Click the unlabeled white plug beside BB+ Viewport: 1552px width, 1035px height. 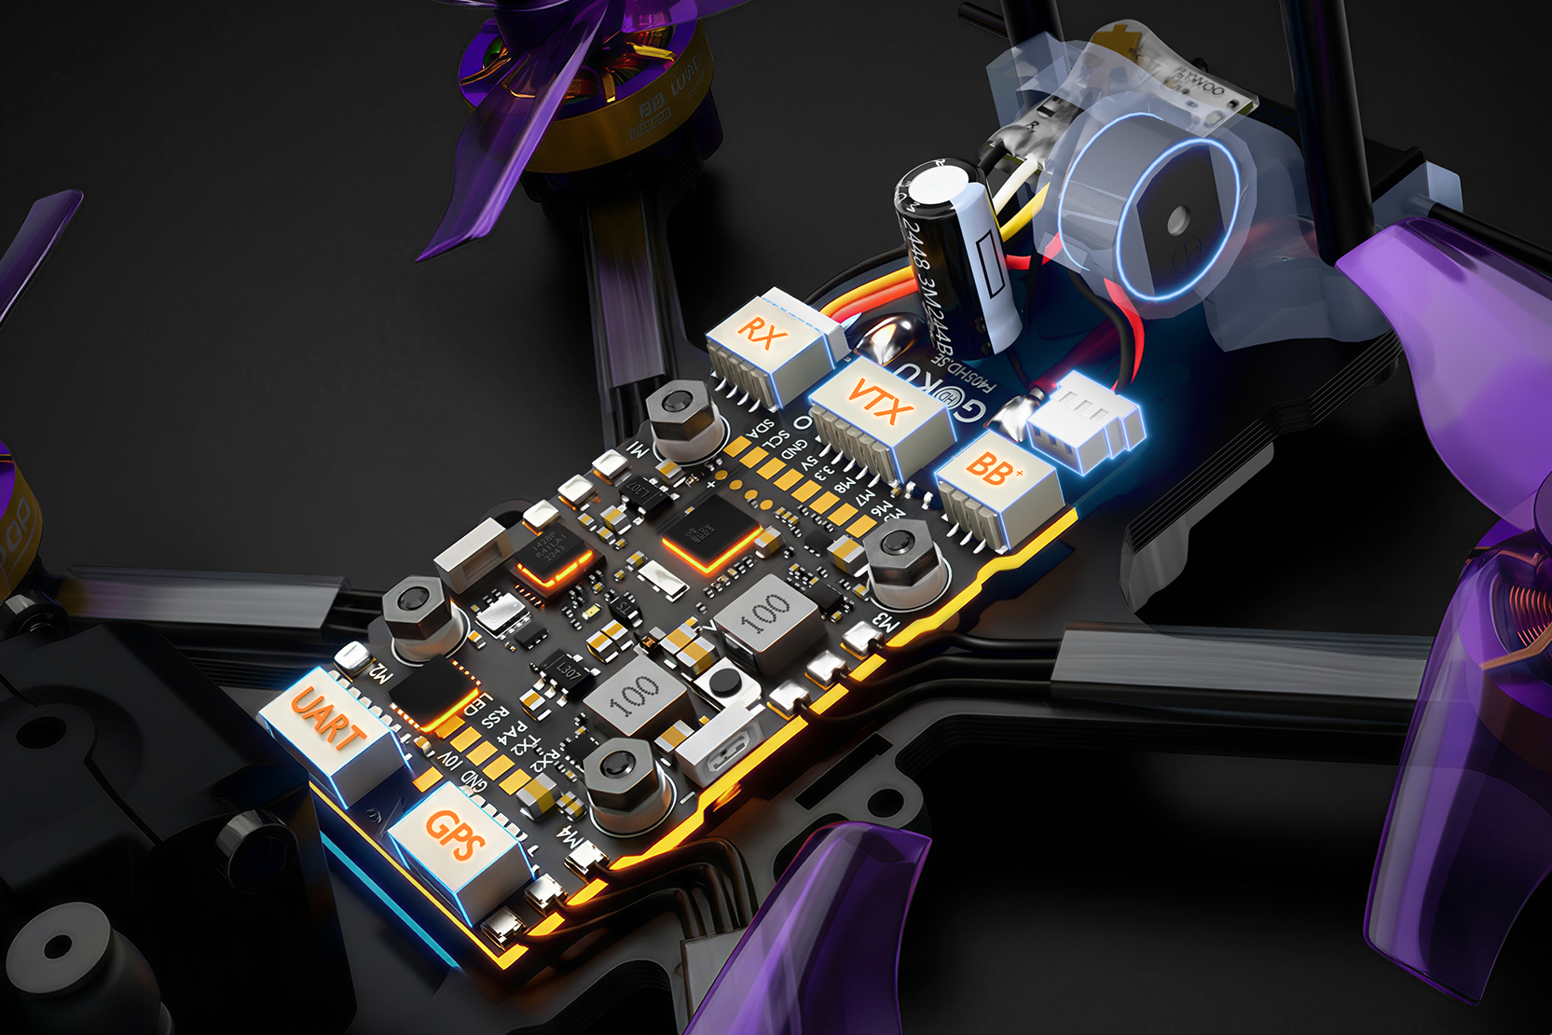(x=1086, y=420)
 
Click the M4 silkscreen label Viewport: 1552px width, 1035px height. (x=571, y=838)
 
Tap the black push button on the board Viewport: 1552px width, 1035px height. (x=722, y=680)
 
